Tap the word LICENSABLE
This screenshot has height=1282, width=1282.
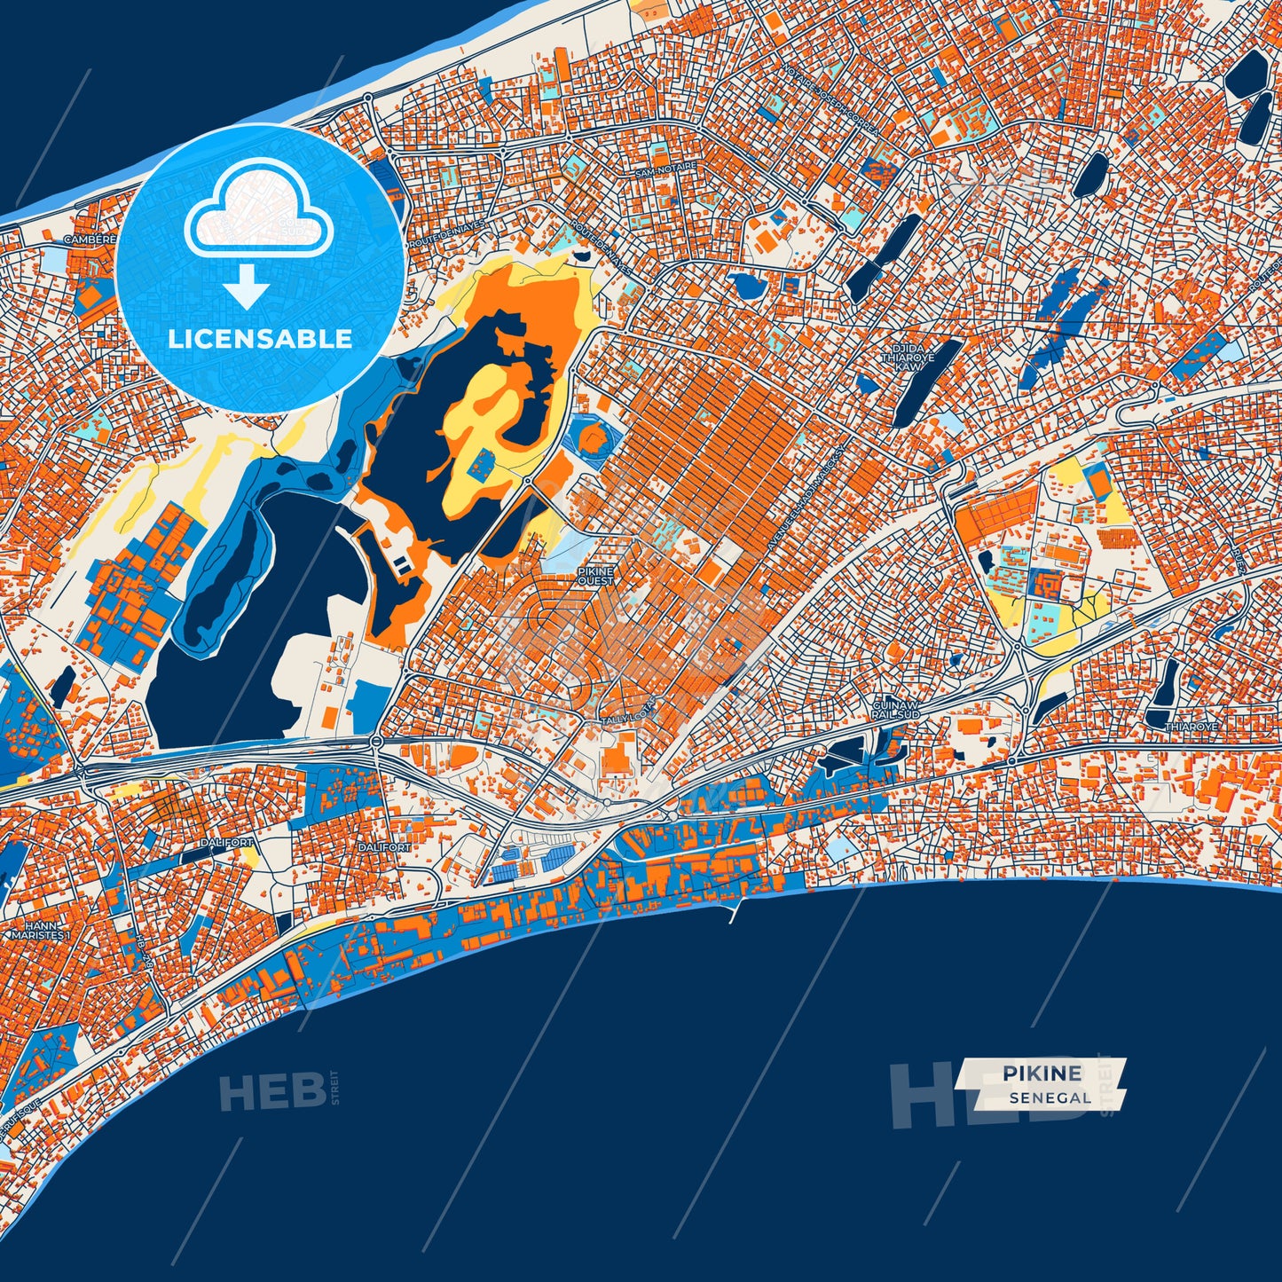[260, 339]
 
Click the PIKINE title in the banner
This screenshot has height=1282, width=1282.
[1042, 1074]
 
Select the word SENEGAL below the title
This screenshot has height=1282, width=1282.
[1050, 1098]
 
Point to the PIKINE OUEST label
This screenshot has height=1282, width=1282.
[595, 576]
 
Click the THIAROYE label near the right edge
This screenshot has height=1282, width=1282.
[1191, 727]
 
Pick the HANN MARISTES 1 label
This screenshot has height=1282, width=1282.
[37, 929]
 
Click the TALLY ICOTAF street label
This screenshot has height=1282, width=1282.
[628, 720]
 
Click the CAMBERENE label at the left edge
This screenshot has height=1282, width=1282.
[89, 240]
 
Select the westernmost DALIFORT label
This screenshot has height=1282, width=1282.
[226, 842]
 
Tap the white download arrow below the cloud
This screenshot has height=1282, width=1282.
[247, 286]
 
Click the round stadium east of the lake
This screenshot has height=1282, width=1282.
[590, 438]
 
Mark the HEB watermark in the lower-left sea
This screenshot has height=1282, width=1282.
[272, 1091]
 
